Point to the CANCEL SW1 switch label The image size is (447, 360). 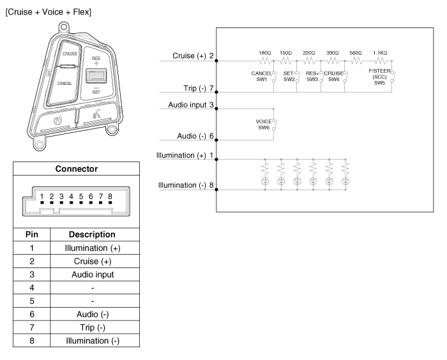point(262,77)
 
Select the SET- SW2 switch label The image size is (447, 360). point(289,77)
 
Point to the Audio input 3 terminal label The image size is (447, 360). point(190,104)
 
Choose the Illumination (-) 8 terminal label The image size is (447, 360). point(186,185)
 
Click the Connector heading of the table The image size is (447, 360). point(75,169)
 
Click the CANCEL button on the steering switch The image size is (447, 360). point(64,83)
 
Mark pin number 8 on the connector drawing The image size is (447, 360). point(110,197)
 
